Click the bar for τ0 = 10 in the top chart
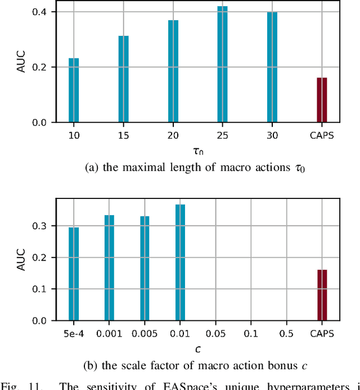[74, 90]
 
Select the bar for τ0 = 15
[123, 79]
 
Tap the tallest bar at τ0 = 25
[223, 64]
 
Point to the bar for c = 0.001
[109, 267]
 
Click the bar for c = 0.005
[145, 268]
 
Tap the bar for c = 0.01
[180, 262]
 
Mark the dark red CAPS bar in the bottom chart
[322, 295]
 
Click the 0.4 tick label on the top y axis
[44, 12]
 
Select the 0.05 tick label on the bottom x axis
[215, 334]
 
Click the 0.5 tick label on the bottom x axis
[286, 334]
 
